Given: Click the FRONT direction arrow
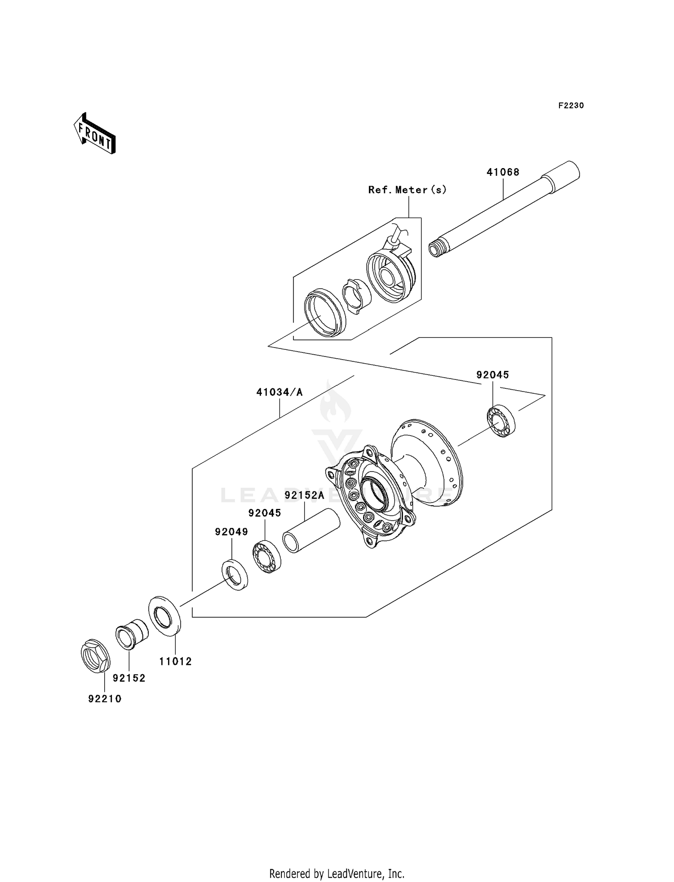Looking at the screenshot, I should tap(95, 134).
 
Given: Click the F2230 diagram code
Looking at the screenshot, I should tap(571, 106).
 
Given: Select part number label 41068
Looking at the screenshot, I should tap(503, 172).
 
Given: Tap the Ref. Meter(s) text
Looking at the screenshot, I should tap(407, 190).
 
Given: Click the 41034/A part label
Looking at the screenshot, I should tap(279, 392).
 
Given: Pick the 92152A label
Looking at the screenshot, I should tap(304, 496).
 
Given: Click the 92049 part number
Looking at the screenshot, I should tap(231, 532).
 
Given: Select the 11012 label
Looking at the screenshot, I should tap(175, 661).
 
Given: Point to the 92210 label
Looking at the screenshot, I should tap(105, 699).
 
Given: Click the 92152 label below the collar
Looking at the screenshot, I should tap(129, 678).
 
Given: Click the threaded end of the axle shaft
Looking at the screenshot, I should tap(438, 249).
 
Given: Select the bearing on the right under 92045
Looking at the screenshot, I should tap(501, 421).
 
